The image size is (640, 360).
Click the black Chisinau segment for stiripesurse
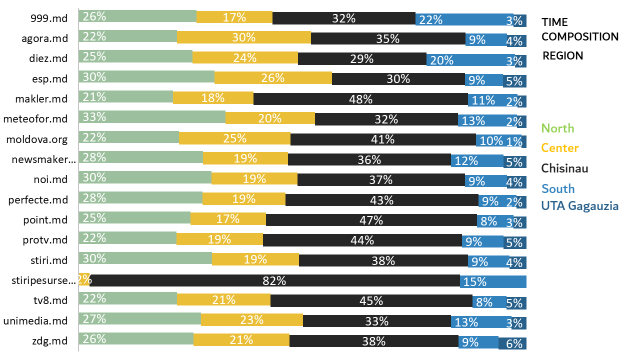point(274,281)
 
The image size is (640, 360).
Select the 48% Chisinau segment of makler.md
point(360,99)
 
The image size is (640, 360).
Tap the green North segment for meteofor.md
point(152,117)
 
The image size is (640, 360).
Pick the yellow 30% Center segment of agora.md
point(244,37)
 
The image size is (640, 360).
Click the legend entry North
point(558,128)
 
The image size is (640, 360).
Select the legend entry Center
point(560,148)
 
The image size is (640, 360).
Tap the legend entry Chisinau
point(565,168)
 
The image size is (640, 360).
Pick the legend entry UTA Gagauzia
point(580,205)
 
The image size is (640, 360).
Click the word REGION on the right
point(563,55)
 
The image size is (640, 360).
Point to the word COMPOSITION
point(580,36)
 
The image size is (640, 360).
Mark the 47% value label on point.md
point(371,220)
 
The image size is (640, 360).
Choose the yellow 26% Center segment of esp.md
point(273,78)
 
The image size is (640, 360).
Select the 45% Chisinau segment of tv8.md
point(371,300)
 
